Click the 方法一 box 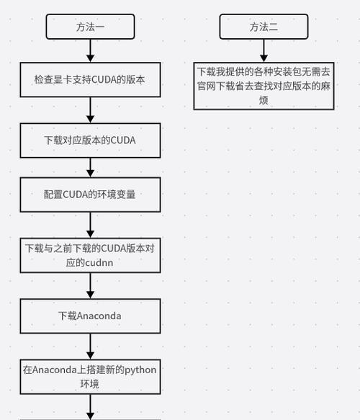[x=90, y=27]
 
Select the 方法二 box [x=264, y=27]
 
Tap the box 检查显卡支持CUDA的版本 [x=90, y=79]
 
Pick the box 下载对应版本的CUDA [x=90, y=140]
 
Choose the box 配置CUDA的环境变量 [x=90, y=195]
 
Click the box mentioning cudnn [x=90, y=255]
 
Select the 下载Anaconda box [x=90, y=316]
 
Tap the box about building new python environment [x=90, y=377]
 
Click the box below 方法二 [x=264, y=86]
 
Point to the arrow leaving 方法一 [x=90, y=50]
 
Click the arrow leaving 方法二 [x=264, y=50]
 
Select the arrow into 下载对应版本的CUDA [x=90, y=110]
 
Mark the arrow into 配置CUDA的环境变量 [x=90, y=168]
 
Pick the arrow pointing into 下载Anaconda [x=90, y=286]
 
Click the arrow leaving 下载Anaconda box [x=90, y=347]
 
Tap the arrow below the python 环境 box [x=90, y=407]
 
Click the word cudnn [x=99, y=263]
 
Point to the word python [x=140, y=370]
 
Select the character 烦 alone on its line [x=264, y=100]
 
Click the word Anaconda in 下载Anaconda [x=99, y=316]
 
